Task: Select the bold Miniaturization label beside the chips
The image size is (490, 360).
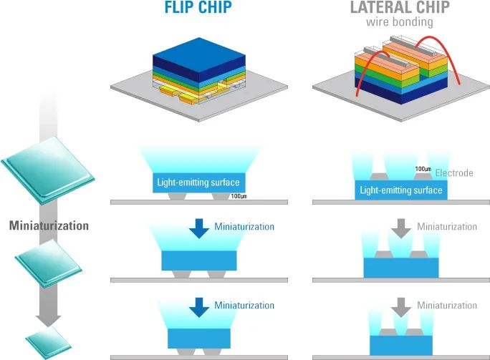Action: [x=49, y=225]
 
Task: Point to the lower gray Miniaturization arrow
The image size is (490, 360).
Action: [x=402, y=307]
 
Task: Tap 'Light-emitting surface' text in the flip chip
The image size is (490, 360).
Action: [x=196, y=183]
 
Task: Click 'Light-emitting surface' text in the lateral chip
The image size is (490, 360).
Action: [x=401, y=190]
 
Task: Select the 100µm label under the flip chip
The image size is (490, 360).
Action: [x=239, y=196]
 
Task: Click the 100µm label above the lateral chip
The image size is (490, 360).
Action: [x=423, y=170]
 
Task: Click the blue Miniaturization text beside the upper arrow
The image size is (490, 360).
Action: [x=244, y=227]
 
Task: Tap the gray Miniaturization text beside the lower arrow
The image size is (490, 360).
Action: [x=447, y=306]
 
